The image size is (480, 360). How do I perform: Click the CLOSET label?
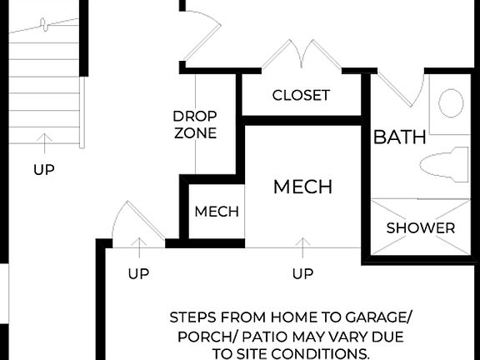coord(301,95)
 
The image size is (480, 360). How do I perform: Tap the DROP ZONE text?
coord(195,124)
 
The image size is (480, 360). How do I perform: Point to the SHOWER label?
coord(421,227)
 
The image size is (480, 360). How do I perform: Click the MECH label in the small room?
coord(217,212)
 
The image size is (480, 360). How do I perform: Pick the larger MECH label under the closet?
coord(302,187)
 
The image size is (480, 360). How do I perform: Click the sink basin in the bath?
coord(451,103)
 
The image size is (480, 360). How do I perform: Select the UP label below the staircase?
coord(44,169)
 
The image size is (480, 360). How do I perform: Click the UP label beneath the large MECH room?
coord(303,273)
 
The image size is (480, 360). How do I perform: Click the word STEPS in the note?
coord(192,317)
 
